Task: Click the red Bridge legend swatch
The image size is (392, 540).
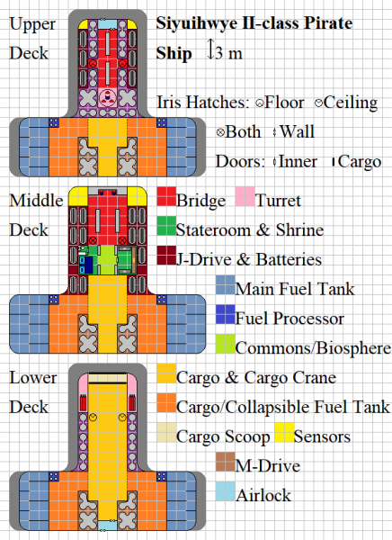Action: (165, 199)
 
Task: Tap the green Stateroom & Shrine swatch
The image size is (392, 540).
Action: (165, 229)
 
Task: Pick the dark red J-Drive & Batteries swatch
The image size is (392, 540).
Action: (165, 258)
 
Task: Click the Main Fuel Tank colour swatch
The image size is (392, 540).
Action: (225, 288)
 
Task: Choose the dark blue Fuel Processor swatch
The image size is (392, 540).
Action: (225, 318)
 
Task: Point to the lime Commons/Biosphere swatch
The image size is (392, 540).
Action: (225, 347)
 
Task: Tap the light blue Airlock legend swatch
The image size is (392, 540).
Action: (225, 494)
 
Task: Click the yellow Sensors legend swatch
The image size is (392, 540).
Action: (284, 436)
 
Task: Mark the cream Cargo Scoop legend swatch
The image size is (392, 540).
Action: (165, 436)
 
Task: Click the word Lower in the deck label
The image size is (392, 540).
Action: (33, 377)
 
